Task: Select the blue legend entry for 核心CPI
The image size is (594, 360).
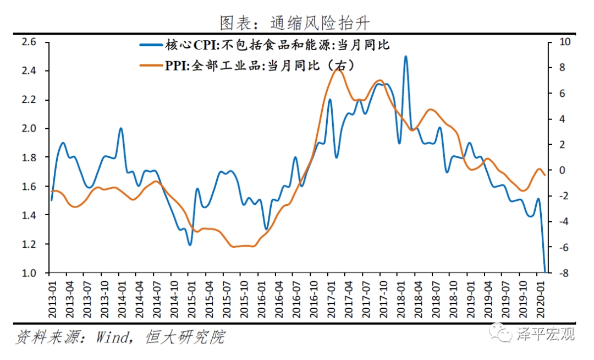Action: [x=264, y=45]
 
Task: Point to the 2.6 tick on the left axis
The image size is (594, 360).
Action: [x=28, y=42]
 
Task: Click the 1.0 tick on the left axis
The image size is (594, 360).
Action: [x=28, y=273]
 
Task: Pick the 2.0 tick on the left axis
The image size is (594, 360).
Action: [x=28, y=129]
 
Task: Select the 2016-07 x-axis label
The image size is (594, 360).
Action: [x=295, y=297]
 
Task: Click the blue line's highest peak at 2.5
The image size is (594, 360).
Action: [x=405, y=56]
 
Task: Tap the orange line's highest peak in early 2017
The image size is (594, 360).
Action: [x=338, y=69]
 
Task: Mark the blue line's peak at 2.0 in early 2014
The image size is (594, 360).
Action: [x=121, y=129]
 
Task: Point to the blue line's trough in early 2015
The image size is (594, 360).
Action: [x=190, y=244]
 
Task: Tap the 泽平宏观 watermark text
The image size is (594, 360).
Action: [x=544, y=333]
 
